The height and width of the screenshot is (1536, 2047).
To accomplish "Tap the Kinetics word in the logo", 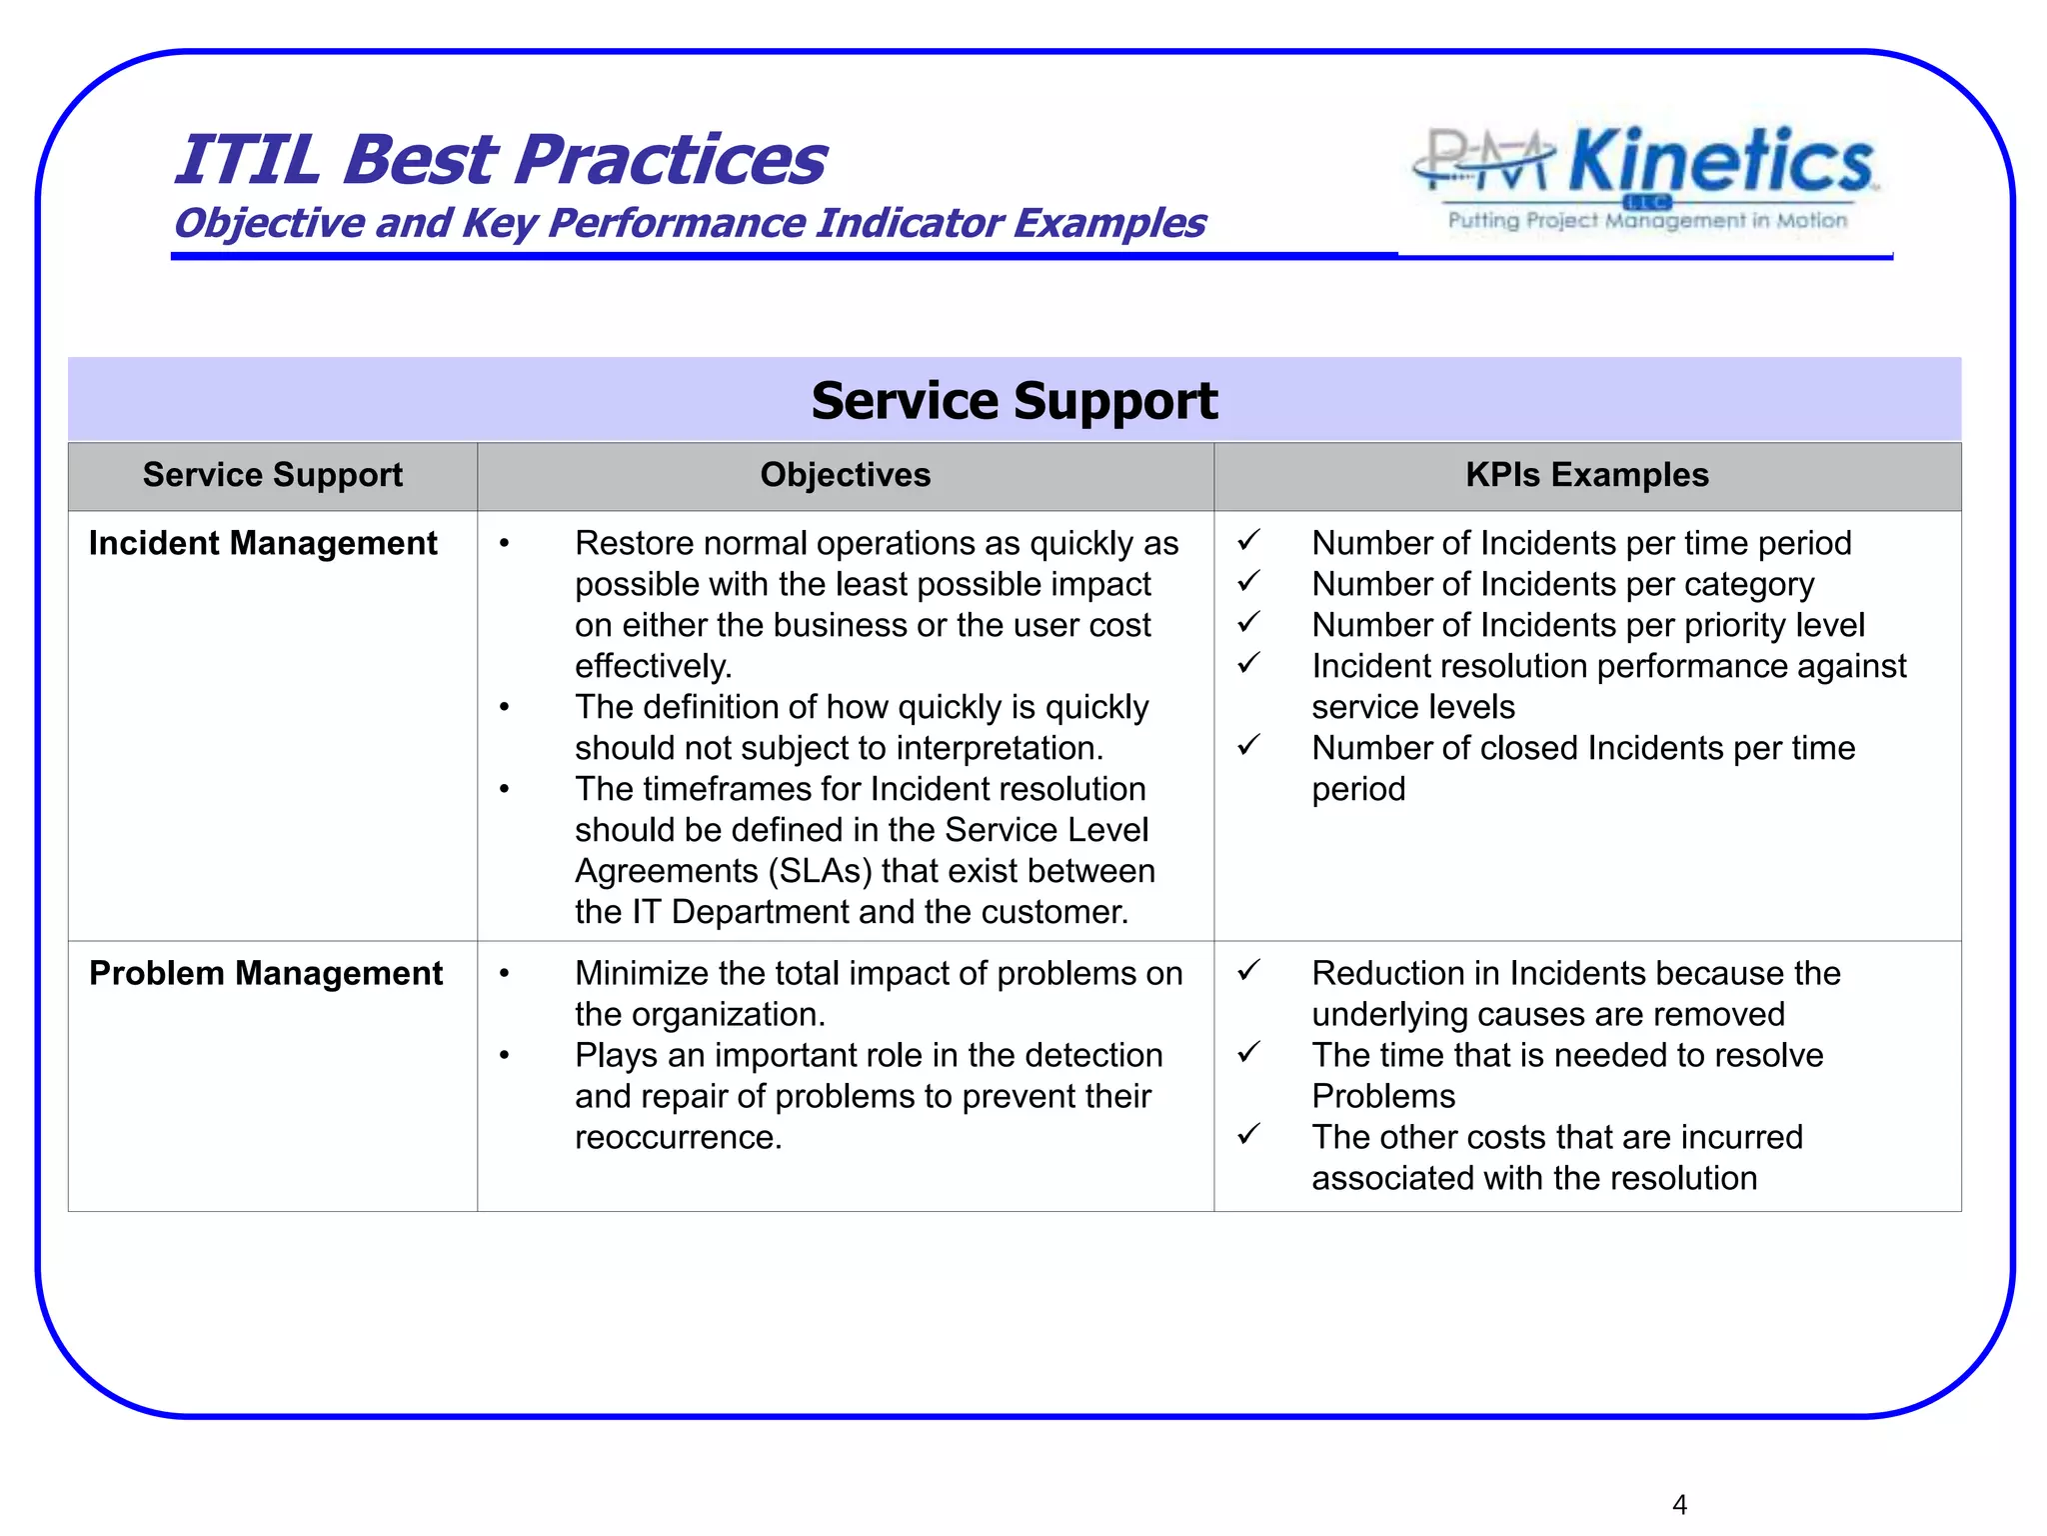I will point(1720,162).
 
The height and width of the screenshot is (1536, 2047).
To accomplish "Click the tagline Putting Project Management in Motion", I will point(1647,221).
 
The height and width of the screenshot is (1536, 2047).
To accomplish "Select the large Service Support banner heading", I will point(1014,401).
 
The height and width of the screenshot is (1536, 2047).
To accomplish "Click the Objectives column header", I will point(845,475).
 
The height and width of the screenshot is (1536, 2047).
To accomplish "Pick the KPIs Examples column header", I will point(1586,475).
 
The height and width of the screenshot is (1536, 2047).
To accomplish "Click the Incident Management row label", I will point(263,543).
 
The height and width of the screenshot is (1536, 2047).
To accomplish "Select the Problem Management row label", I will point(266,973).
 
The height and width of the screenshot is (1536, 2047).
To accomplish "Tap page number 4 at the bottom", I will point(1679,1504).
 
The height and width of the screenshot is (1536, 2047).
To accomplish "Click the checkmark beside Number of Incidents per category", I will point(1248,581).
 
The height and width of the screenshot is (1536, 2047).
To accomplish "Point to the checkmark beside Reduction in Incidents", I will point(1248,970).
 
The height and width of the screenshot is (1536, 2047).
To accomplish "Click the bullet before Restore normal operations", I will point(505,544).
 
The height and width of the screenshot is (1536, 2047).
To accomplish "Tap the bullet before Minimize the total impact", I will point(505,974).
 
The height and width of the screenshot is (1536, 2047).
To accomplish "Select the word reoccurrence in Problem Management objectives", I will point(677,1137).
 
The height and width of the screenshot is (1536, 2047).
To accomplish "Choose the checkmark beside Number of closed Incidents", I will point(1248,745).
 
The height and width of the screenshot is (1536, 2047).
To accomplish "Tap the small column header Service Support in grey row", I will point(272,475).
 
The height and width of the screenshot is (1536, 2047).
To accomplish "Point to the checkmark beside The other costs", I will point(1248,1134).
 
